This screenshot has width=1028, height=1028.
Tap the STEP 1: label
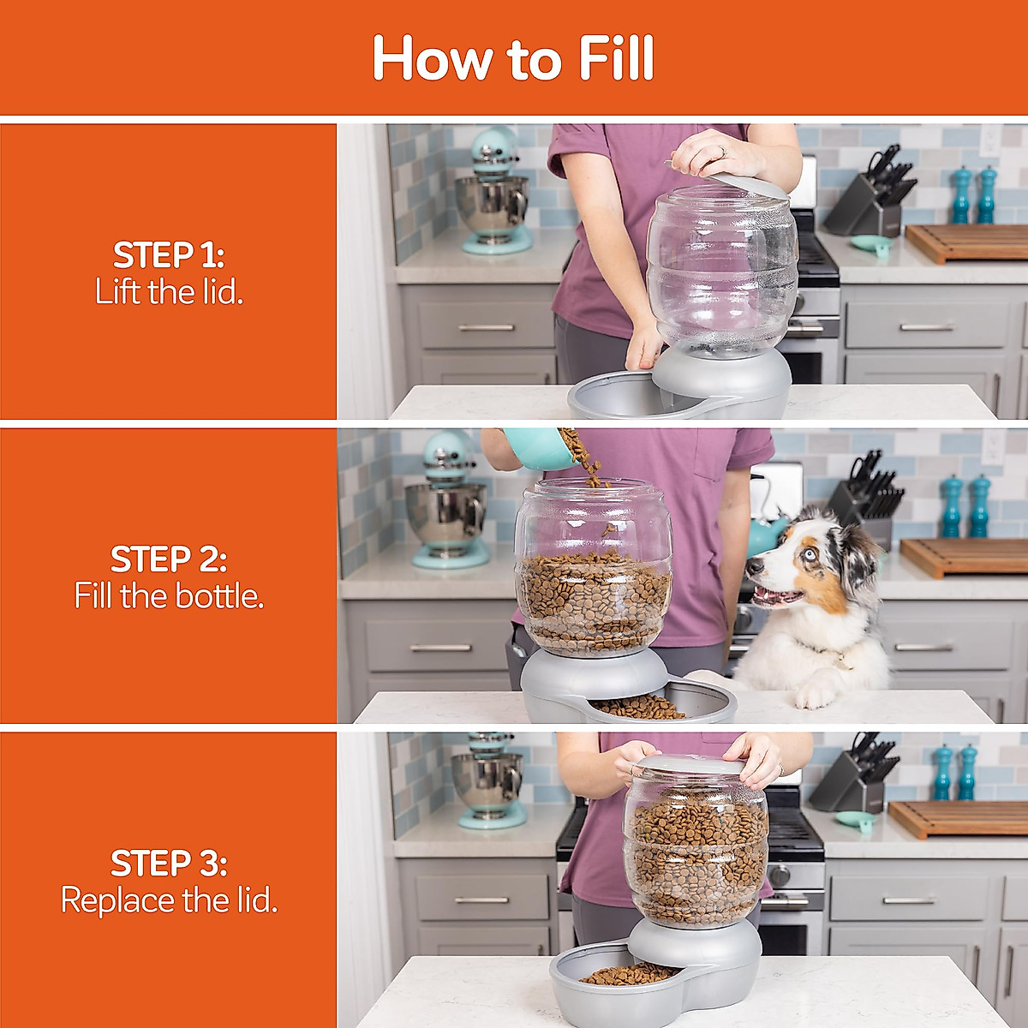coord(169,255)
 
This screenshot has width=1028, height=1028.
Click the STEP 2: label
coord(169,559)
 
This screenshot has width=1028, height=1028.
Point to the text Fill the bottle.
coord(169,595)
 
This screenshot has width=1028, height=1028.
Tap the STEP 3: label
coord(169,864)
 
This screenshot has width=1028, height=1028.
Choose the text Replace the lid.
coord(169,900)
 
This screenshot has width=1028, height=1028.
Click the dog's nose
coord(753,567)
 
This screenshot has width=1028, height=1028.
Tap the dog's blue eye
coord(811,554)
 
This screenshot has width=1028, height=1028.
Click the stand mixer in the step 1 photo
coord(493,192)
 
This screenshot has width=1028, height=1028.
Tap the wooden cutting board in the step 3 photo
coord(959,819)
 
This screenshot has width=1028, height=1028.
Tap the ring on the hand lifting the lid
coord(723,152)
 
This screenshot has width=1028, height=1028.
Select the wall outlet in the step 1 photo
coord(989,140)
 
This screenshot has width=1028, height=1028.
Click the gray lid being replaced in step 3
coord(692,765)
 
